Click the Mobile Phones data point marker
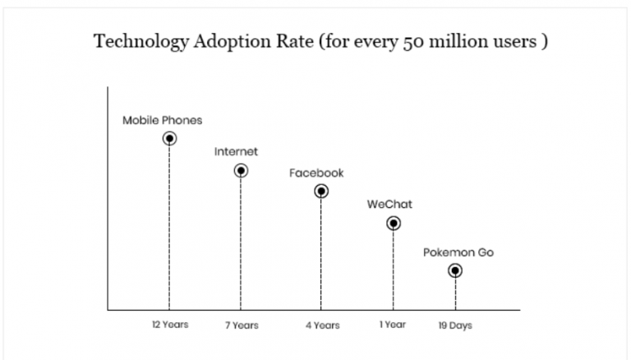169,138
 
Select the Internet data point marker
241,170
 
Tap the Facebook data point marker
321,191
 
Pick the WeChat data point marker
394,223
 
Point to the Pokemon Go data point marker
454,270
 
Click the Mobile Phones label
162,120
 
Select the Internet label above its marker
236,152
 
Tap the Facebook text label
316,173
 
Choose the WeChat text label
389,205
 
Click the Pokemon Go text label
458,252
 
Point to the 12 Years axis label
169,325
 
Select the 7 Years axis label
241,325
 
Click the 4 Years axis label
321,325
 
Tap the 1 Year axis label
393,325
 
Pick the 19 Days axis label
455,325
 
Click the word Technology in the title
140,42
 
